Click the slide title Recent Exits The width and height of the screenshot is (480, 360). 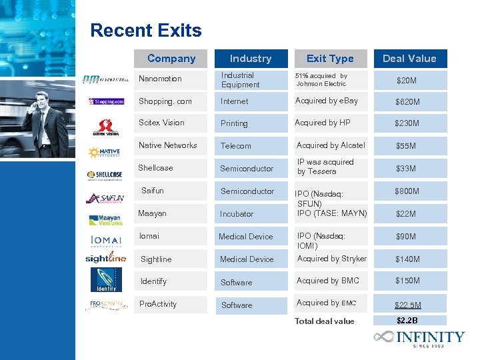tap(145, 31)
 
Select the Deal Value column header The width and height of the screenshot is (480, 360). tap(409, 59)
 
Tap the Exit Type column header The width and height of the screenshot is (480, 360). tap(330, 59)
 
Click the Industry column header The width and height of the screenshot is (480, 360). tap(251, 59)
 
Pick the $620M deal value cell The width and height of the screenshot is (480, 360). tap(407, 102)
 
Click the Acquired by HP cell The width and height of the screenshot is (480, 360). tap(323, 123)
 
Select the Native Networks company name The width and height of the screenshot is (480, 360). tap(167, 145)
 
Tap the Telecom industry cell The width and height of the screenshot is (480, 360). tap(236, 146)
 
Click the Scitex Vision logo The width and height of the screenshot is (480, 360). tap(106, 126)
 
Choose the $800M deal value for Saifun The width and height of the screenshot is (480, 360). tap(407, 191)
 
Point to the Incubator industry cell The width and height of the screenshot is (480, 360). tap(237, 214)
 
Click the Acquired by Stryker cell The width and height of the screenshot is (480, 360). tap(331, 259)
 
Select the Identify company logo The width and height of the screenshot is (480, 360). tap(106, 280)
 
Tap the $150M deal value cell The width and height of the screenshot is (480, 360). tap(407, 281)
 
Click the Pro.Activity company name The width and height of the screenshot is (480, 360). tap(158, 304)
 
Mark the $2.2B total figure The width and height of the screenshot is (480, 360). tap(407, 321)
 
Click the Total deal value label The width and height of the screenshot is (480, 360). tap(325, 321)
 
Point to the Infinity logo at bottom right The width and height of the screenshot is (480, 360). tap(419, 337)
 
